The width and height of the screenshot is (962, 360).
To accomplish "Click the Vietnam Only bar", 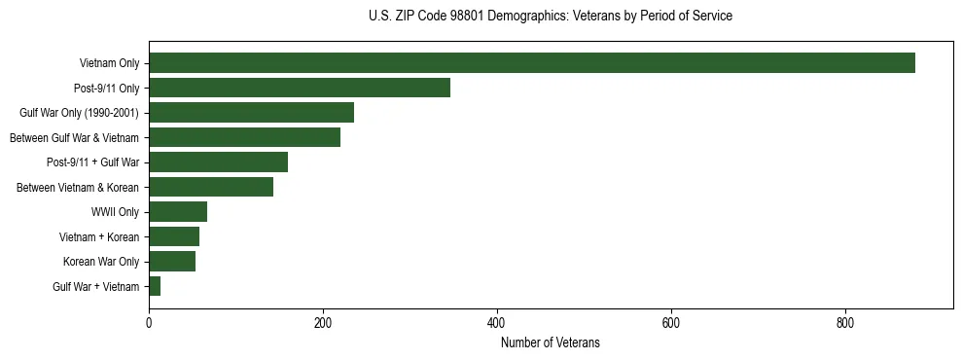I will click(x=532, y=63).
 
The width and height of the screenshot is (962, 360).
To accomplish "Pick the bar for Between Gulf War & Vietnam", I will click(x=244, y=137).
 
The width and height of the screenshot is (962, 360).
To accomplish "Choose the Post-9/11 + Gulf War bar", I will click(x=218, y=162).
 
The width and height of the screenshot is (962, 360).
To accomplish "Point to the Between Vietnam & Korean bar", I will click(x=211, y=187).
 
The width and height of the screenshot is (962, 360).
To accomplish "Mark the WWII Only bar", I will click(x=178, y=212).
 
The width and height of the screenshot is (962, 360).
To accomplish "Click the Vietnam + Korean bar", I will click(x=174, y=236).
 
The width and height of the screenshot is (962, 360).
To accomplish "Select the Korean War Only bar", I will click(x=172, y=262).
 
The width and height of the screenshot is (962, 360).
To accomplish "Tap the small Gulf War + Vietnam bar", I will click(x=155, y=286).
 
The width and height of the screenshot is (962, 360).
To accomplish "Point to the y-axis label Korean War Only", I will click(x=101, y=262).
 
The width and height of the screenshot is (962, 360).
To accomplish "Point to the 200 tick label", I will click(x=323, y=322).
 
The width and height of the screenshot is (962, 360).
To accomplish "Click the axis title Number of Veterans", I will click(x=551, y=343).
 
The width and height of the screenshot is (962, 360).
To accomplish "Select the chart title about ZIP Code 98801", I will click(x=551, y=17).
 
